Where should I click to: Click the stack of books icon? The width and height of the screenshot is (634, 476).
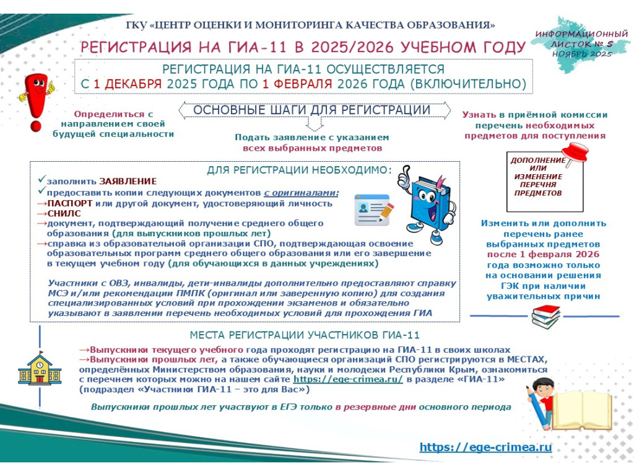(545, 315)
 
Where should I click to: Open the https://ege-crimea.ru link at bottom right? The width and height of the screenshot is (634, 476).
(485, 447)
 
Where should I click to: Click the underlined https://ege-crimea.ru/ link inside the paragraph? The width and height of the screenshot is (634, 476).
(348, 379)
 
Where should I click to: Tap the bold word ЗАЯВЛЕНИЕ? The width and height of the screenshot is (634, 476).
(128, 182)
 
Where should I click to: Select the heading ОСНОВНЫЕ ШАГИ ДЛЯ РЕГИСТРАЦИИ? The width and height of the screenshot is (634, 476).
(312, 110)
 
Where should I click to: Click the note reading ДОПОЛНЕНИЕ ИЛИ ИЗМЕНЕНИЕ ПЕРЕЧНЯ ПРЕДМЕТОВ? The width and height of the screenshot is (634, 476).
(537, 177)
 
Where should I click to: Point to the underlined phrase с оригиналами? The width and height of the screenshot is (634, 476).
(302, 192)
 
